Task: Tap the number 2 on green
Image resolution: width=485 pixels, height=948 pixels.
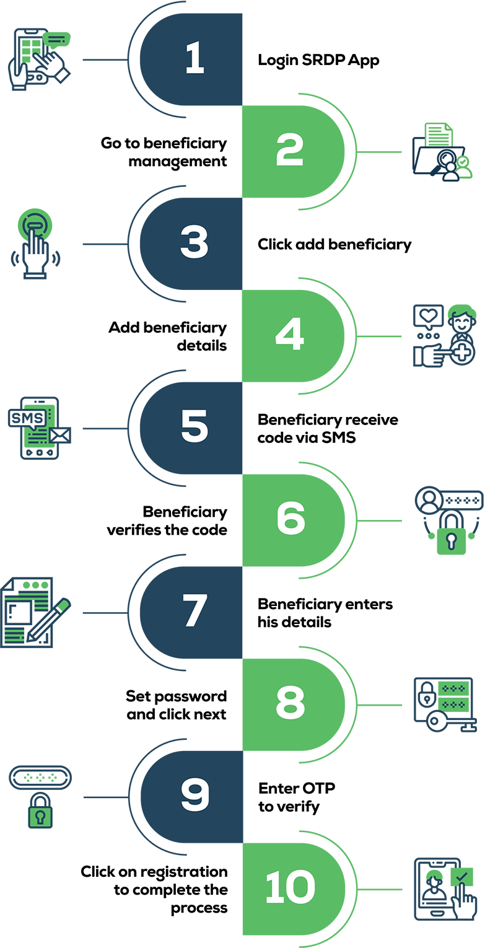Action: tap(289, 151)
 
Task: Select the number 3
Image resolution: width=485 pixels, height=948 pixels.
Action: tap(194, 242)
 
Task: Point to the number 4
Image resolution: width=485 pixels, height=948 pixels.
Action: tap(289, 335)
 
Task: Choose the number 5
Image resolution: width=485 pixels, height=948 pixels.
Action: tap(194, 426)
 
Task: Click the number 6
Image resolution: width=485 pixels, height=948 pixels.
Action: tap(290, 518)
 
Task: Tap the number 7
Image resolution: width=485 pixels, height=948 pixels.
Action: tap(194, 610)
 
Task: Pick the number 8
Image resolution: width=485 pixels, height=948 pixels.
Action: tap(290, 703)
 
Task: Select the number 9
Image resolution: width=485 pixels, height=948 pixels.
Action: tap(194, 794)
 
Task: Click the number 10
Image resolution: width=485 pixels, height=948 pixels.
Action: tap(290, 887)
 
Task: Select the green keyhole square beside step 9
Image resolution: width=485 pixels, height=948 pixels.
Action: tap(40, 816)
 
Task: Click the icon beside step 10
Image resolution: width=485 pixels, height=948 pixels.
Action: tap(443, 888)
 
